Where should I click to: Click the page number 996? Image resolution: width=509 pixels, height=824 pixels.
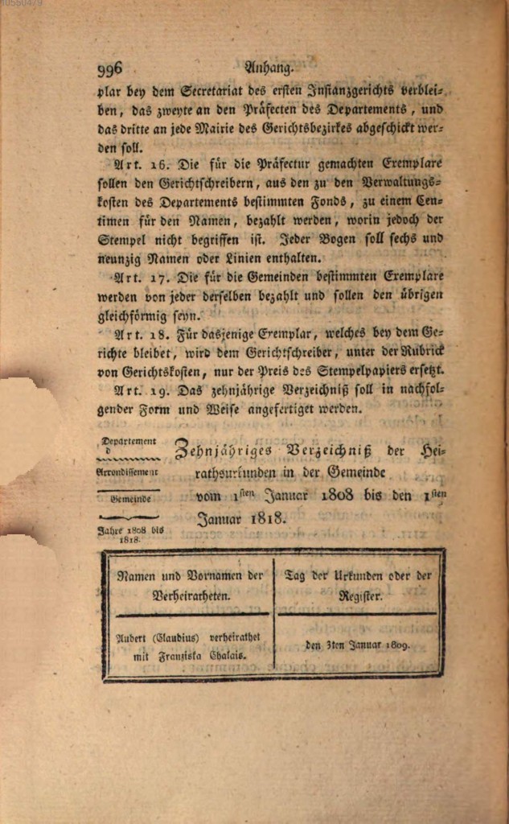click(108, 68)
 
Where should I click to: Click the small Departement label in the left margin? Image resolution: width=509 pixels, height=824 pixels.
click(128, 441)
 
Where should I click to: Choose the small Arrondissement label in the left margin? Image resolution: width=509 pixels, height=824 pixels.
click(129, 474)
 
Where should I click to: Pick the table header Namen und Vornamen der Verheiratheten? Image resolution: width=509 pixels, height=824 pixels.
click(190, 587)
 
